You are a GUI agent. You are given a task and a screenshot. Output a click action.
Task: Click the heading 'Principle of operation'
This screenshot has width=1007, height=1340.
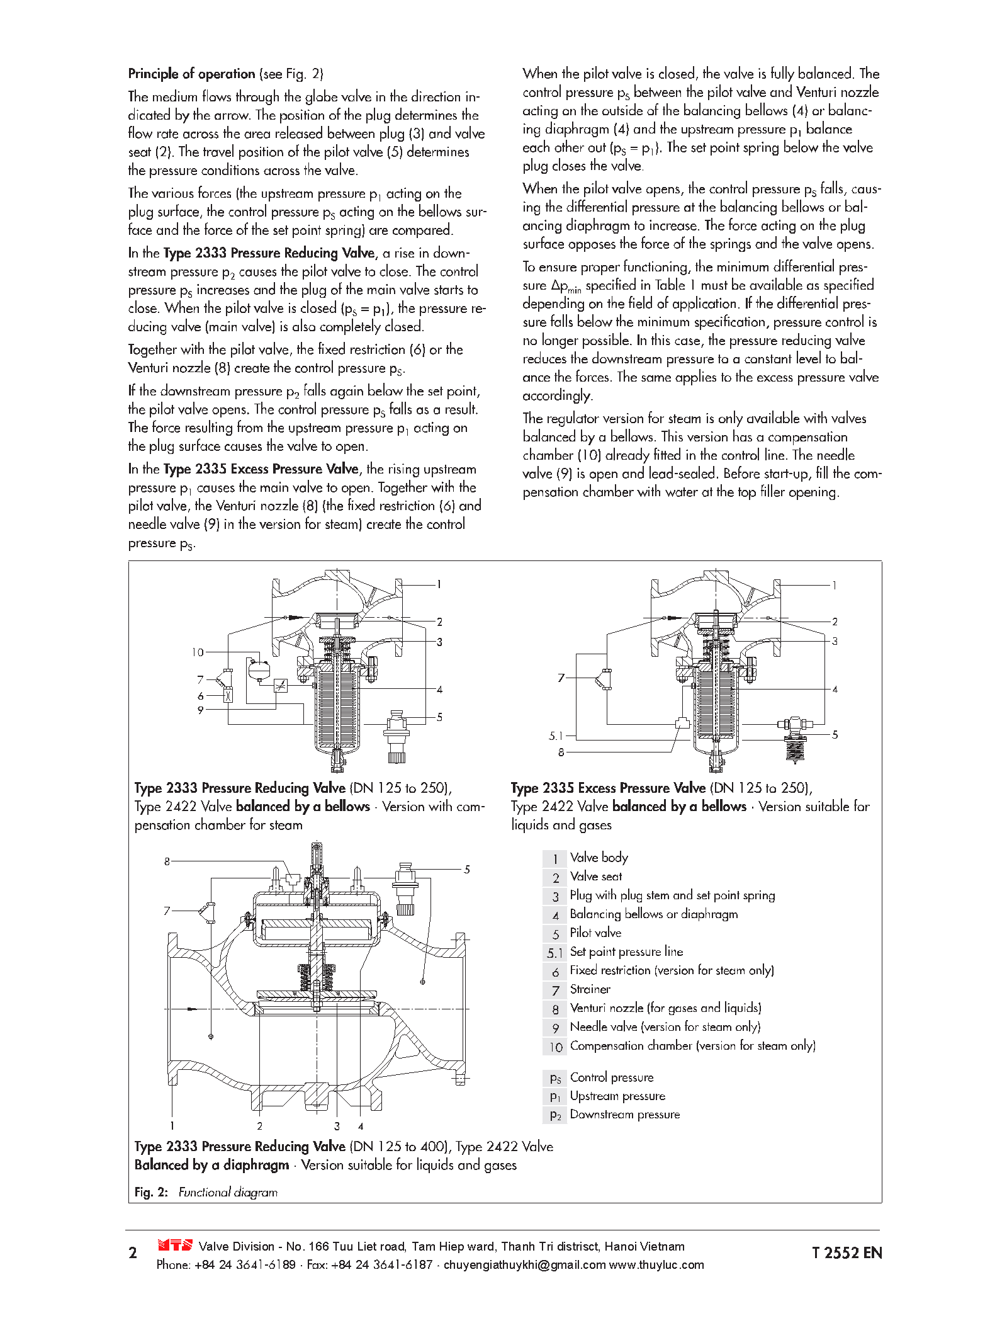191,74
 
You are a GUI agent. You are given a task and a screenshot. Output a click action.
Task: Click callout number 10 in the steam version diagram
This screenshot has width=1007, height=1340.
198,652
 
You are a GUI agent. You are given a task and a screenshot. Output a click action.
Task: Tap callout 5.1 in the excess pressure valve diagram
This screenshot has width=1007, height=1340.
555,735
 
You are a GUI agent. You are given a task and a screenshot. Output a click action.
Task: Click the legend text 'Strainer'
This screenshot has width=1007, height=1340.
590,989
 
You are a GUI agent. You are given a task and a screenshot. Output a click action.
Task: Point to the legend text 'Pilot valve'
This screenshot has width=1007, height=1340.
595,933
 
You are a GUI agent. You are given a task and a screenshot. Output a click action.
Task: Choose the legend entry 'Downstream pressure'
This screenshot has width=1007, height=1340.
624,1115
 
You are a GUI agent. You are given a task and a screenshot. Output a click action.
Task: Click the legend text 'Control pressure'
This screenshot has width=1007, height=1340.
611,1077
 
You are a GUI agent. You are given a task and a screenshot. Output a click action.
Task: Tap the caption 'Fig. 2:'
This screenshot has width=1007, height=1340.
151,1192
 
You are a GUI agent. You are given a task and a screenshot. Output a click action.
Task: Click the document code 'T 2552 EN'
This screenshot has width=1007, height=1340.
847,1253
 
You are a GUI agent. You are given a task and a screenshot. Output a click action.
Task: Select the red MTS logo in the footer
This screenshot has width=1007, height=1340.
174,1245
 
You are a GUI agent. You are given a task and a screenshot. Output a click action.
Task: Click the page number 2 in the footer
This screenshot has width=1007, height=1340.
133,1253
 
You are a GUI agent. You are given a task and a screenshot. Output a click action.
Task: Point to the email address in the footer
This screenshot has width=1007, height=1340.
524,1264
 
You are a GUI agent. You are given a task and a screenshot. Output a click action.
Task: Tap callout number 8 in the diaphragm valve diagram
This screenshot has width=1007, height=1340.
167,861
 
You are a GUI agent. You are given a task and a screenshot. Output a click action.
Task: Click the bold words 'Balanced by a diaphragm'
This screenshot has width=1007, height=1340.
211,1165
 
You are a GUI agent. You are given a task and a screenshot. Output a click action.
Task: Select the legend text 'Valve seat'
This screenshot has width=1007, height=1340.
595,877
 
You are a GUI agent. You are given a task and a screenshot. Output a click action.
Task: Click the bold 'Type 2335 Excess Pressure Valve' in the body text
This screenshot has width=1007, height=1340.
261,469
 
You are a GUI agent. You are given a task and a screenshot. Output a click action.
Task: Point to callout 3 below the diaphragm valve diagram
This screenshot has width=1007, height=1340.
337,1126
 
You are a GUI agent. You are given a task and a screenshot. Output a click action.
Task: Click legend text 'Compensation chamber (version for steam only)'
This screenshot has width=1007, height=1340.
692,1046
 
